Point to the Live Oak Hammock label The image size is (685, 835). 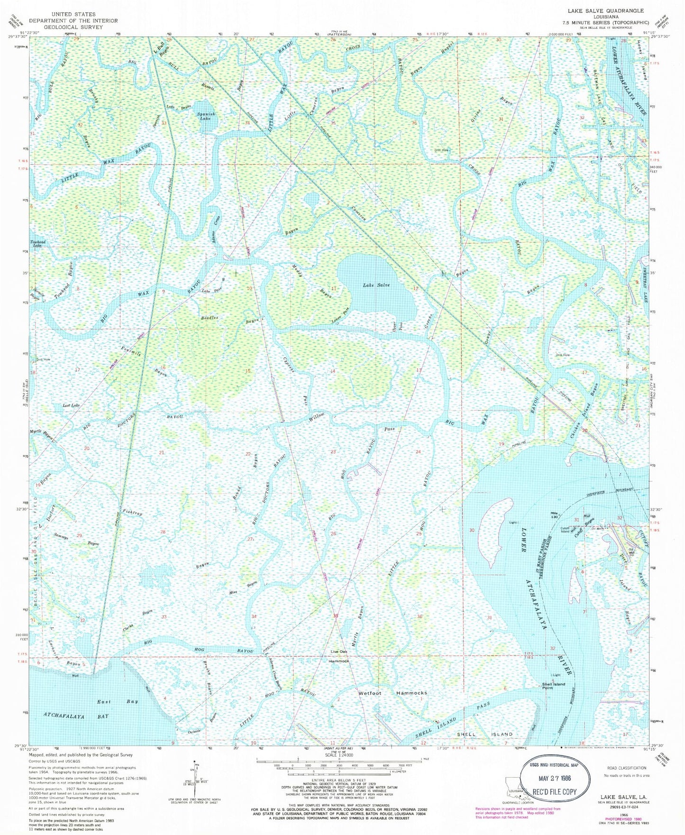(x=340, y=657)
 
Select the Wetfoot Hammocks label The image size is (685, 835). (x=393, y=693)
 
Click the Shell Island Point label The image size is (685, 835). (x=553, y=686)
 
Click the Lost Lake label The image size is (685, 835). (x=71, y=406)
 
